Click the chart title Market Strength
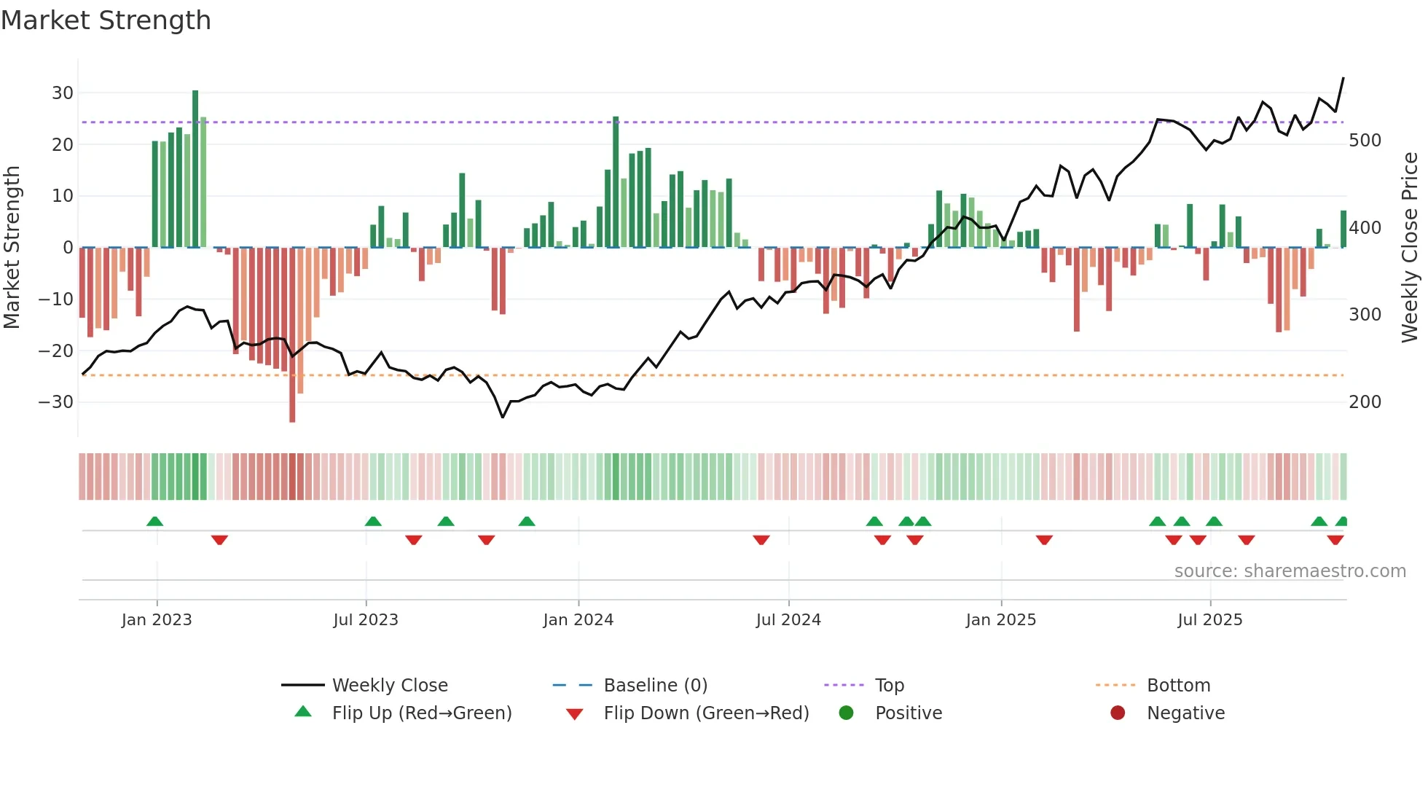[106, 20]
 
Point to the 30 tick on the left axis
[62, 93]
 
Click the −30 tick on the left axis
[56, 402]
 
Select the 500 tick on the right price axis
[1365, 141]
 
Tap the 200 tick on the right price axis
[1365, 402]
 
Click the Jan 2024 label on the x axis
[578, 620]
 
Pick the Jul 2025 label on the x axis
[1209, 620]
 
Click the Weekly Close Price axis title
[1410, 248]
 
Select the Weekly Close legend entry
[389, 686]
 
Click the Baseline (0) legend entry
[655, 686]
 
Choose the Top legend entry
[889, 686]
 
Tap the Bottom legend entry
[1178, 686]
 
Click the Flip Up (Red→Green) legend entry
[421, 713]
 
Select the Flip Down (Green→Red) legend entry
[705, 713]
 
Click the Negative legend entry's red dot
[1118, 713]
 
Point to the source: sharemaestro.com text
[1290, 571]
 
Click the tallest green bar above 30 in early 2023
[195, 168]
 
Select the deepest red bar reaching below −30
[292, 335]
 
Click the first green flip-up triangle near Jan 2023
[154, 521]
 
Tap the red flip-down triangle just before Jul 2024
[761, 540]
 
